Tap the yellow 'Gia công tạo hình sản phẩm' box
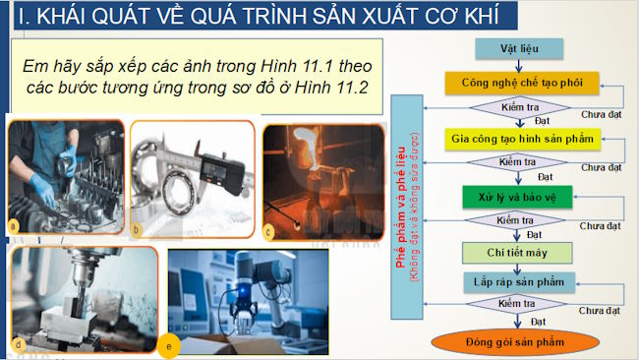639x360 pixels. (x=522, y=139)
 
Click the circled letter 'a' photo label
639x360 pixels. (x=14, y=226)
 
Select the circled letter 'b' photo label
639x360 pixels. (x=138, y=230)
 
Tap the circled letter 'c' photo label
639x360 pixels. (x=269, y=231)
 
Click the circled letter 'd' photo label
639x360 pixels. (x=18, y=344)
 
